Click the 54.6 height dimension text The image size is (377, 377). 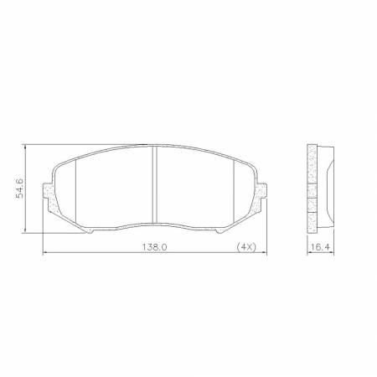(16, 188)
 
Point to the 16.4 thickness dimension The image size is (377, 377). (315, 248)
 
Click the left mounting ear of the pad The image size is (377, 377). (49, 199)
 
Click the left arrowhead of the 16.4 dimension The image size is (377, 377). (307, 254)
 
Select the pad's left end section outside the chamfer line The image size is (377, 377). (65, 191)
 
